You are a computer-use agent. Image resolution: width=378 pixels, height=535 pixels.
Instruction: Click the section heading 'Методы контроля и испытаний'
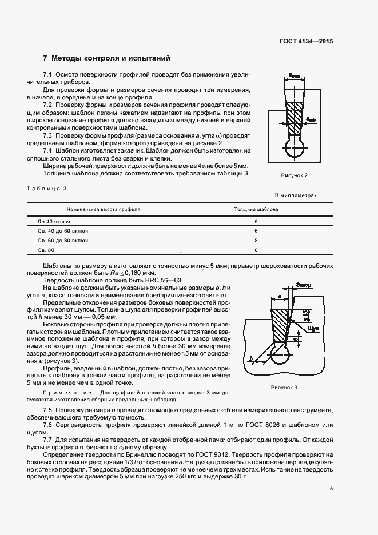110,58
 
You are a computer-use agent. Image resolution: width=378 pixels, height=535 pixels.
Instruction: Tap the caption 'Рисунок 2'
295,175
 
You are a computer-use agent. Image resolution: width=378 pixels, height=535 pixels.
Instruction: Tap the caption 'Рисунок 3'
284,388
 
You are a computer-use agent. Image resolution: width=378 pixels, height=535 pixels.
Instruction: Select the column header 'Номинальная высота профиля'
104,209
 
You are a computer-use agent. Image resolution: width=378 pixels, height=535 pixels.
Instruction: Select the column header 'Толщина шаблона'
256,209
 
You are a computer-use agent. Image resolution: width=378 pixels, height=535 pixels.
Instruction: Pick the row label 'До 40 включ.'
51,221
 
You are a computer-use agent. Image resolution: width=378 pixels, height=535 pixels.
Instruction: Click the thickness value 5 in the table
256,221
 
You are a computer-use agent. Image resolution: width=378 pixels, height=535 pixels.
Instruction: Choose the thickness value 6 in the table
256,230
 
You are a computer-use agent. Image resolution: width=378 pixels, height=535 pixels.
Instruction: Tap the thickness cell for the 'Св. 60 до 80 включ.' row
256,241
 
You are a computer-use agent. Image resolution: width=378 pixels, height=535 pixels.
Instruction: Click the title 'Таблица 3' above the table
47,188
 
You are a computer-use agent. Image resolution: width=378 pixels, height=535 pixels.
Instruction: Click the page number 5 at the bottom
331,488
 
